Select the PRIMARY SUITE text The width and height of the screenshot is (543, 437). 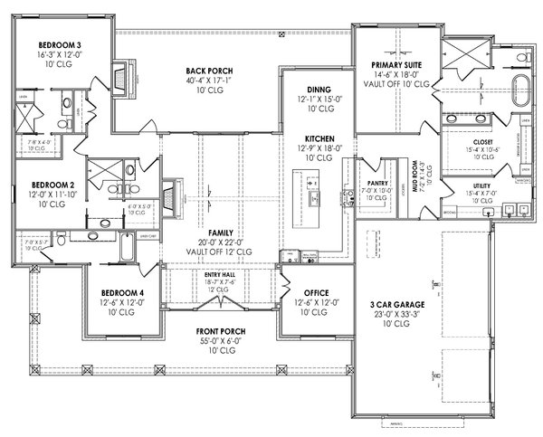[x=393, y=65]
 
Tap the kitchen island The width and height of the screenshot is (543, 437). [x=313, y=198]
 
